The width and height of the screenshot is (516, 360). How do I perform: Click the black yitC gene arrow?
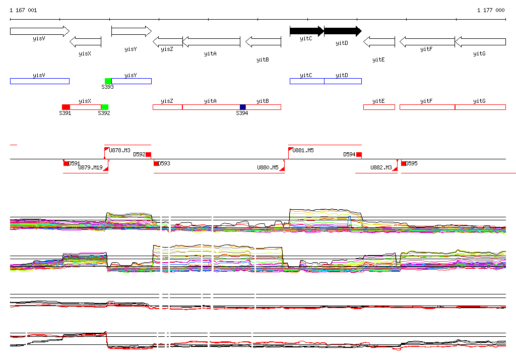(x=306, y=31)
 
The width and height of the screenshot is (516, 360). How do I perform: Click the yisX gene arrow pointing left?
(x=85, y=41)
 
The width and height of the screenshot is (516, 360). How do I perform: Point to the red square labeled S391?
(x=66, y=107)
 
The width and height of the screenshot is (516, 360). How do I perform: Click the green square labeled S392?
(x=105, y=107)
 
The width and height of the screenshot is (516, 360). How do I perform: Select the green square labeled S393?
(x=108, y=81)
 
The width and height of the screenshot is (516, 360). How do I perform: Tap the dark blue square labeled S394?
(x=243, y=107)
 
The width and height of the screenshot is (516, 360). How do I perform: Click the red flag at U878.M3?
(x=106, y=150)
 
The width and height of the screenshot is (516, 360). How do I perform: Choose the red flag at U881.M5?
(x=290, y=150)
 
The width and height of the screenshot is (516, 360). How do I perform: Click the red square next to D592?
(x=148, y=154)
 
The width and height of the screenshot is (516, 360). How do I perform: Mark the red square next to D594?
(x=359, y=154)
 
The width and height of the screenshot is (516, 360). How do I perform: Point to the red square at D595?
(x=404, y=163)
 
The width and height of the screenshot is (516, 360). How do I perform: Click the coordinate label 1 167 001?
(x=23, y=10)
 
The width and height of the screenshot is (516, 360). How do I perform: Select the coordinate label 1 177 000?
(x=491, y=10)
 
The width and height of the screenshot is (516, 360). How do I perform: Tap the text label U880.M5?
(x=268, y=167)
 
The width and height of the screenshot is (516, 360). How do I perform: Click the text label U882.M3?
(x=381, y=167)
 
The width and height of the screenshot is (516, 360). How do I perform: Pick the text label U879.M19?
(x=90, y=167)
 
